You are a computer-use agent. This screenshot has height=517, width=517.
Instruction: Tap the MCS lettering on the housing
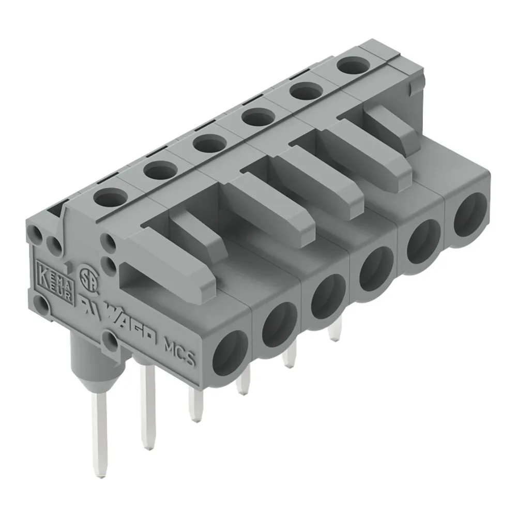179,352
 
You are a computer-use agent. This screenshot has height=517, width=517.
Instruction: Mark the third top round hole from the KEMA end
209,144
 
